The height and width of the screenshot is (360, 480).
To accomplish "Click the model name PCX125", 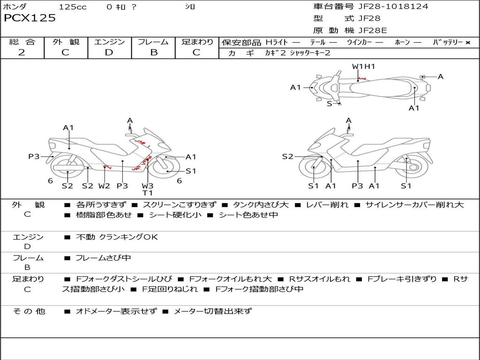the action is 30,18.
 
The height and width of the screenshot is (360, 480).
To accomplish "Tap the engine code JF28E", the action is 373,30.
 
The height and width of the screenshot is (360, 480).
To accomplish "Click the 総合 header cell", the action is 22,42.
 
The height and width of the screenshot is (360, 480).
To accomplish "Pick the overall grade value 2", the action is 22,52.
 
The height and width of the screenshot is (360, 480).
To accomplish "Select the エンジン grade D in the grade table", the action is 109,52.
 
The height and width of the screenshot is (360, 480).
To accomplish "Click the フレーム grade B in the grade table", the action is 154,52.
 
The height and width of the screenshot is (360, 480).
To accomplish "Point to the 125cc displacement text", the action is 73,7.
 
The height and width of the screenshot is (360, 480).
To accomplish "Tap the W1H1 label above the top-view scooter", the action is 363,67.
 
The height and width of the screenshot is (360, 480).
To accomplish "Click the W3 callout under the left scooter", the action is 148,186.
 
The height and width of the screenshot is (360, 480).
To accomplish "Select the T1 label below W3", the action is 148,193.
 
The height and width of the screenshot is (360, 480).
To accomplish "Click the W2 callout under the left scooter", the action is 104,186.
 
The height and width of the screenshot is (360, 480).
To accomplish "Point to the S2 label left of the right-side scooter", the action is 287,157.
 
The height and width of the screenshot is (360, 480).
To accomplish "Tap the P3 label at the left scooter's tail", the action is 34,157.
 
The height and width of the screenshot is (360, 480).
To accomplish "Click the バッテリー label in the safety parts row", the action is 448,42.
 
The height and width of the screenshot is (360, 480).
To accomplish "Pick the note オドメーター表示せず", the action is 116,311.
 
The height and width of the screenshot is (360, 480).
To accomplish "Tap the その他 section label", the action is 29,311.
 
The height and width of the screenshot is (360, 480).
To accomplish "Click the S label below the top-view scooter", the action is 329,104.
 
